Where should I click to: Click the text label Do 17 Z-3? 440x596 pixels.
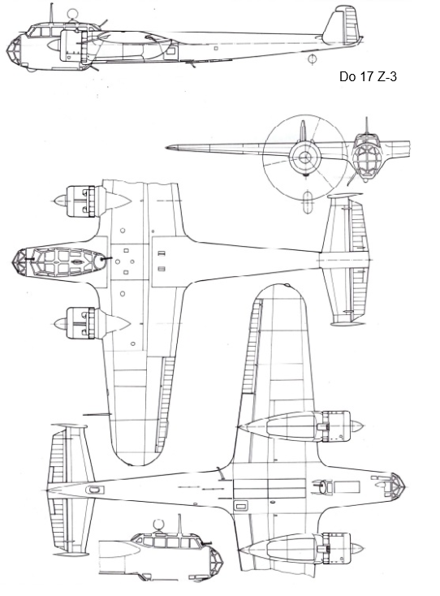(368, 76)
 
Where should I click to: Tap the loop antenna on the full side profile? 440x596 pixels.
(71, 15)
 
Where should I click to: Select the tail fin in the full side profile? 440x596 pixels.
(343, 24)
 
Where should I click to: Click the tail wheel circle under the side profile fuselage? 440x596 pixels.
(313, 59)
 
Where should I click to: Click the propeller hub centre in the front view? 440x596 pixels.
(304, 157)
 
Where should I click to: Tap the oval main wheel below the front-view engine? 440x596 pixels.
(308, 201)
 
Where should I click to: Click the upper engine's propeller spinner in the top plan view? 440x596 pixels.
(60, 201)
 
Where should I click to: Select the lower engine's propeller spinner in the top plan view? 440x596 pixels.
(60, 323)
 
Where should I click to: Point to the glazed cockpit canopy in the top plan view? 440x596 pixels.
(65, 262)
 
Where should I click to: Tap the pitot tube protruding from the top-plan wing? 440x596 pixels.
(97, 414)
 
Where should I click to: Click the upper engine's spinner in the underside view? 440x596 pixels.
(356, 425)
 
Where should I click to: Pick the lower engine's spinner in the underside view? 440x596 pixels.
(356, 548)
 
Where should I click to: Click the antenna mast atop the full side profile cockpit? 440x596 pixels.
(51, 12)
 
